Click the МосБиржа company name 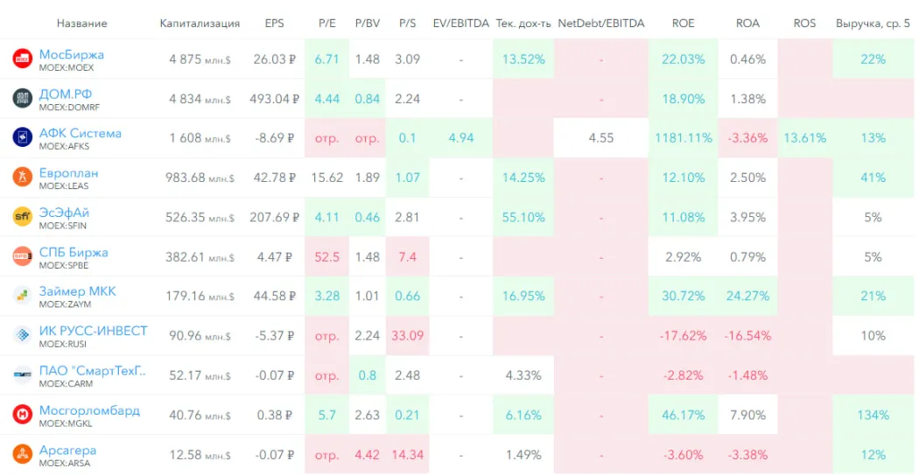pyautogui.click(x=71, y=54)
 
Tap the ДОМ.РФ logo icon pyautogui.click(x=22, y=98)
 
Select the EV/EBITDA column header pyautogui.click(x=460, y=23)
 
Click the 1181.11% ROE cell pyautogui.click(x=683, y=138)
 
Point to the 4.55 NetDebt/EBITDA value pyautogui.click(x=600, y=138)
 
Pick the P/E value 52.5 pyautogui.click(x=326, y=256)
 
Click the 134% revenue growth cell pyautogui.click(x=873, y=415)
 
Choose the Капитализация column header pyautogui.click(x=200, y=23)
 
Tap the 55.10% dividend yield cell pyautogui.click(x=523, y=217)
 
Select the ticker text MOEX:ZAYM pyautogui.click(x=65, y=304)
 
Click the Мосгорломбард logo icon pyautogui.click(x=22, y=414)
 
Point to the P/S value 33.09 pyautogui.click(x=407, y=335)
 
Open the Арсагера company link pyautogui.click(x=67, y=450)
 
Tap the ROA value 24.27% pyautogui.click(x=747, y=296)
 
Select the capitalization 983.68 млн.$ pyautogui.click(x=200, y=178)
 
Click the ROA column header pyautogui.click(x=747, y=23)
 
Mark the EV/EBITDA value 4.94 pyautogui.click(x=460, y=138)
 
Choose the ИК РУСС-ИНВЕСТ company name pyautogui.click(x=93, y=331)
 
